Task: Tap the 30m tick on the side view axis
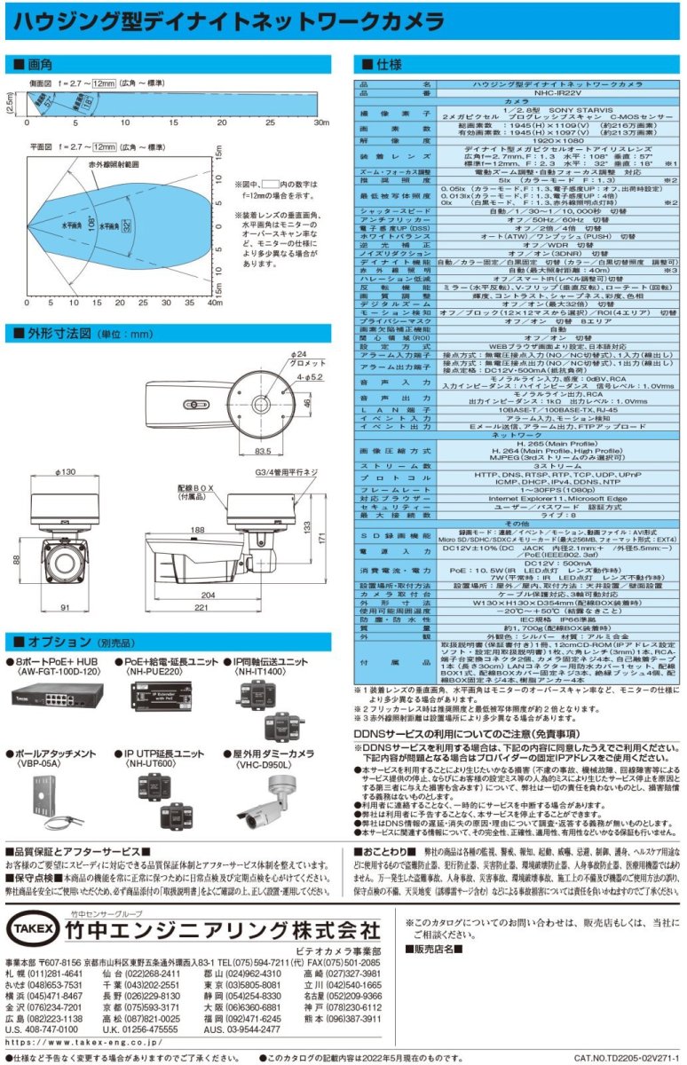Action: tap(321, 122)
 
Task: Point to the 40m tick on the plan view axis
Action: tap(214, 303)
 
